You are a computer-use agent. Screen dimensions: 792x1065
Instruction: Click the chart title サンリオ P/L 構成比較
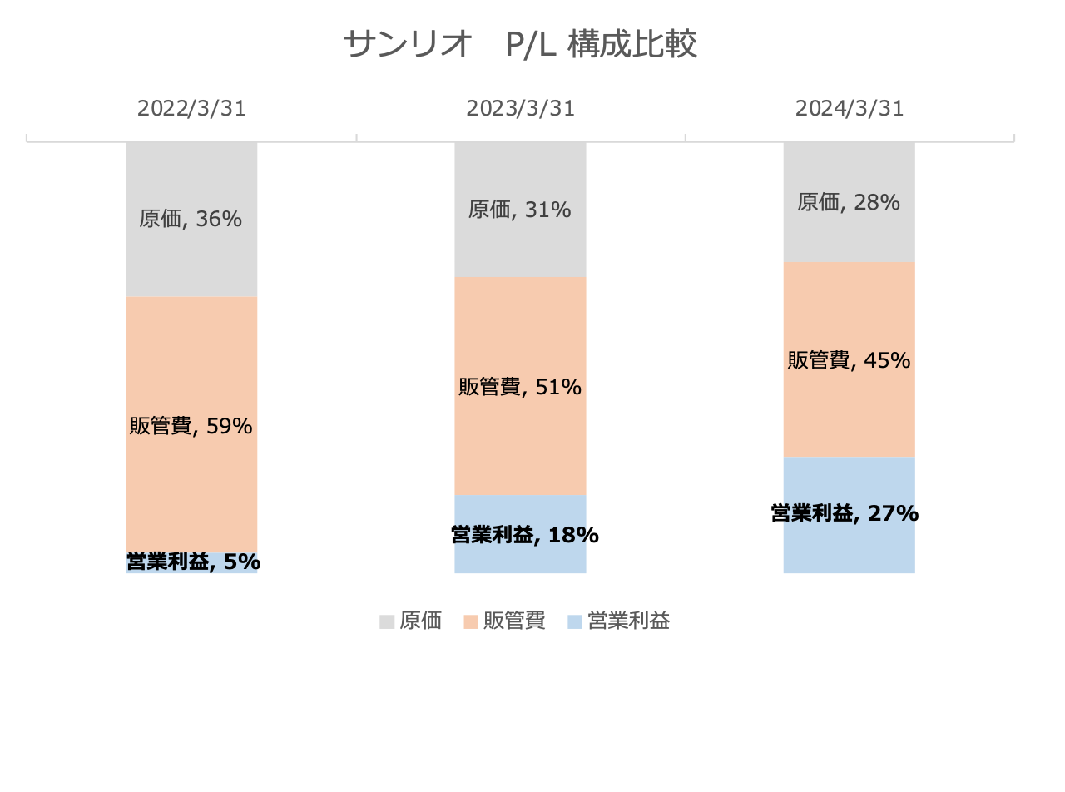coord(520,45)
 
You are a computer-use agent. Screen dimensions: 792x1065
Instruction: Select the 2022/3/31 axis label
coord(191,109)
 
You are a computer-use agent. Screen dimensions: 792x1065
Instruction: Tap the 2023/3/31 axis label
coord(520,109)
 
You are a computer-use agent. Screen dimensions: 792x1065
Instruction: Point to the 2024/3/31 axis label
coord(849,109)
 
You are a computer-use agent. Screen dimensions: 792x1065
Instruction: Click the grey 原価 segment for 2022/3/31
coord(191,175)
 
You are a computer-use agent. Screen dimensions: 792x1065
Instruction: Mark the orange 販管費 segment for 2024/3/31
coord(849,308)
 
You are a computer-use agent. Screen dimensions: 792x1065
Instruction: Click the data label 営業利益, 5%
coord(193,562)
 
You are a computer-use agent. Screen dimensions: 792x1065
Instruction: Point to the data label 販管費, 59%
coord(191,426)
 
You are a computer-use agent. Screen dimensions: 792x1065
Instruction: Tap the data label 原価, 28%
coord(849,202)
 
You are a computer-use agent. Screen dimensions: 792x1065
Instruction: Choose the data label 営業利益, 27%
coord(845,513)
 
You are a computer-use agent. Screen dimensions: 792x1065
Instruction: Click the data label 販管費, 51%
coord(519,387)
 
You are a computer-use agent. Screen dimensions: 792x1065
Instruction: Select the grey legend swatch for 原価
coord(387,621)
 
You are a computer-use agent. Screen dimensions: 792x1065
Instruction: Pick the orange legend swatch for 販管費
coord(471,621)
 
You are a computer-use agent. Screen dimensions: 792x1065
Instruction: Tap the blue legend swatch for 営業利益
coord(574,621)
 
